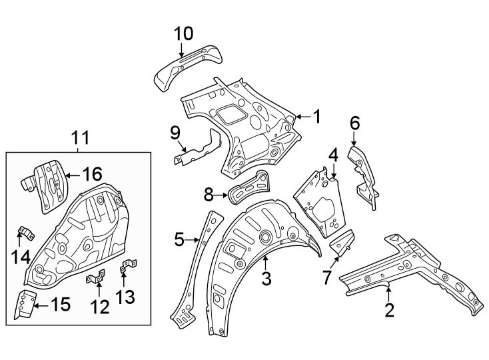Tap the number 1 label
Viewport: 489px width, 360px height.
tap(317, 117)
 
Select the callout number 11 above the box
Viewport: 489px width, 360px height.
tap(80, 138)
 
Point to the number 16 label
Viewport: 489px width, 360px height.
tap(92, 175)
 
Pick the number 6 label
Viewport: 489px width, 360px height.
tap(354, 123)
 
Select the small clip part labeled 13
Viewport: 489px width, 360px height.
tap(125, 269)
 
